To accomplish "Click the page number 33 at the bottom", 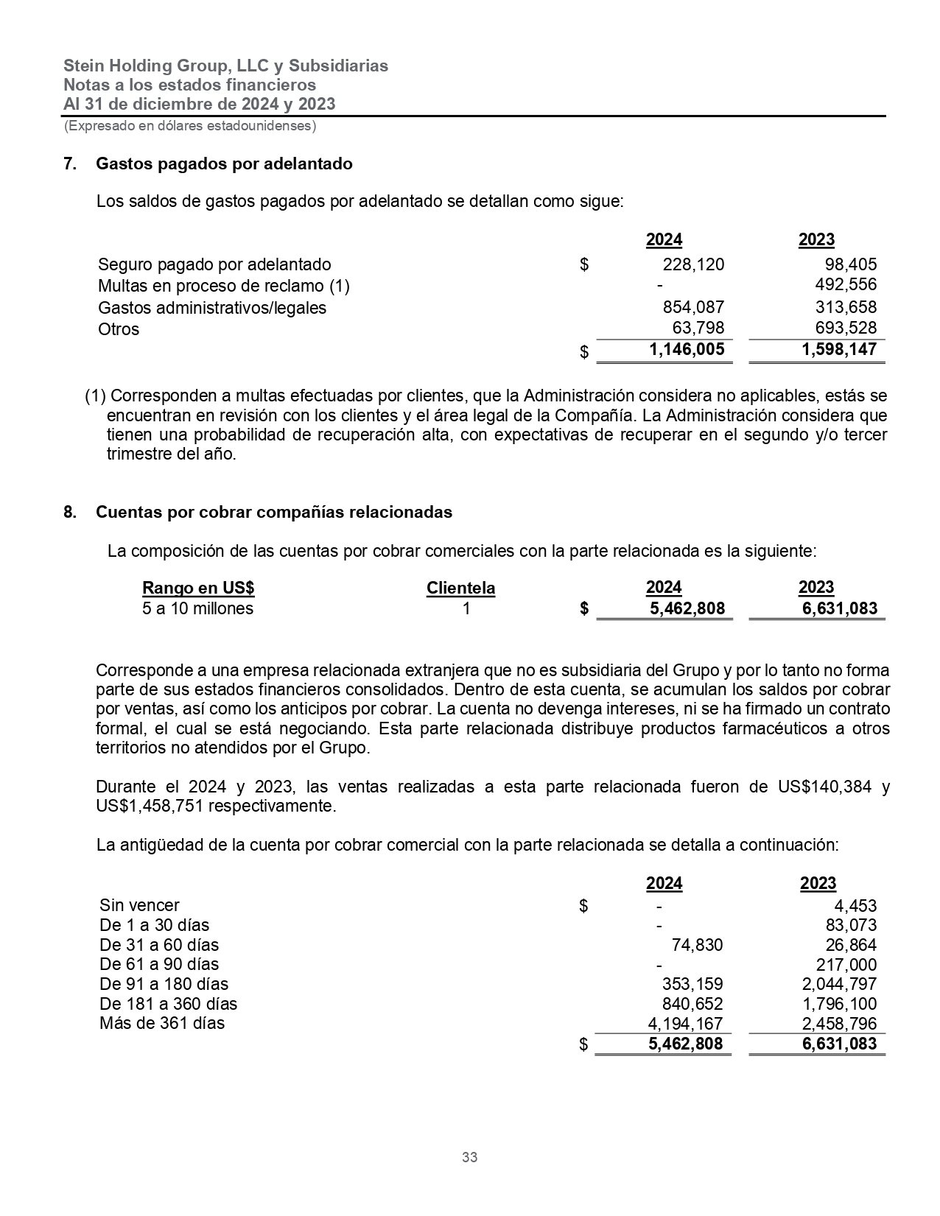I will coord(469,1157).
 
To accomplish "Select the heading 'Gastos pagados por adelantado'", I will coord(224,164).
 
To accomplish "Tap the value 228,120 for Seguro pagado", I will coord(693,264).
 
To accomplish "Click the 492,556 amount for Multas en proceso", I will coord(846,284).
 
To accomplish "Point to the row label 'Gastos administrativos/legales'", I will coord(212,308).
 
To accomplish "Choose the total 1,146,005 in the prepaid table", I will coord(687,349).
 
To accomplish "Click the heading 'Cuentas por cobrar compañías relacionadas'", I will coord(274,512).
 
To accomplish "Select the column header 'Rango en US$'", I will coord(198,588).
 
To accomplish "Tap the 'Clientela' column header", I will coord(460,588).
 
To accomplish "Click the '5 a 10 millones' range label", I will coord(197,608).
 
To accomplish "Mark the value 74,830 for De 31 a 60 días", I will coord(697,945).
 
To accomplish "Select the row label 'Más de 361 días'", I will coord(162,1023).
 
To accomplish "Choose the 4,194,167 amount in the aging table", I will coord(685,1024).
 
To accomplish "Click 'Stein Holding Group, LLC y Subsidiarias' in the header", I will coord(225,66).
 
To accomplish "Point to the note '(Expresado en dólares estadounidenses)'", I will coord(190,126).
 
